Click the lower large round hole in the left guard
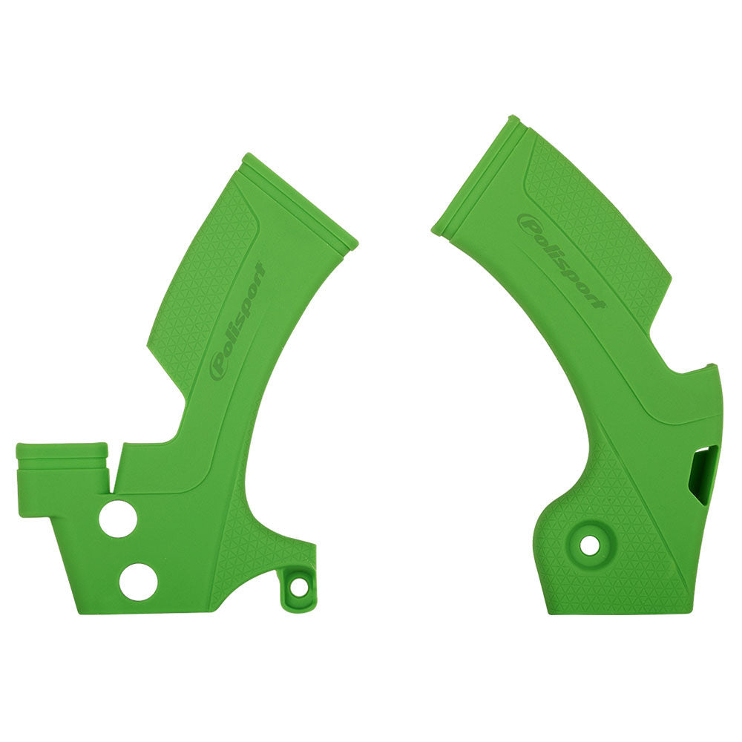coord(138,580)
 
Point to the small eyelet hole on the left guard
coord(299,587)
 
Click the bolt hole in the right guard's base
coord(590,545)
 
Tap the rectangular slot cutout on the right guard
coord(701,475)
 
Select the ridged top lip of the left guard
coord(301,199)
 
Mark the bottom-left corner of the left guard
coord(76,613)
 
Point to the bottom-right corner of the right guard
coord(692,613)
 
